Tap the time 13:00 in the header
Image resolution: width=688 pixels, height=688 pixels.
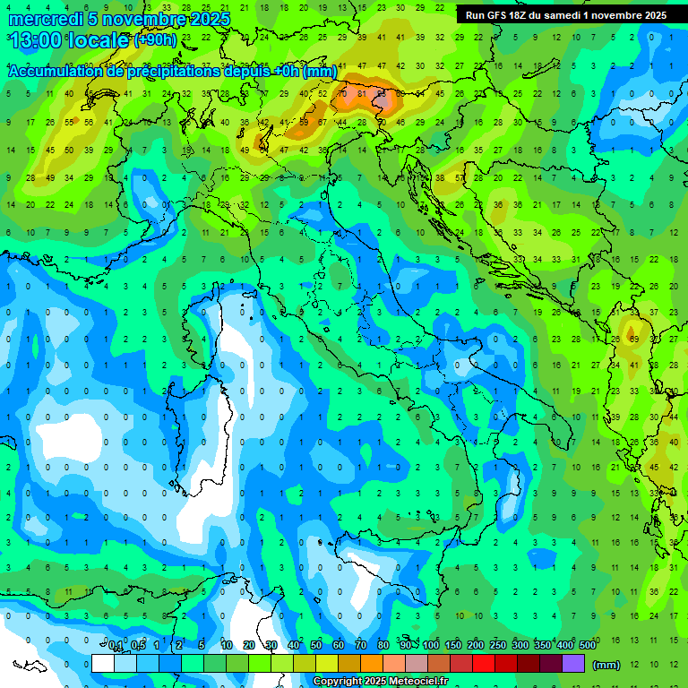[38, 40]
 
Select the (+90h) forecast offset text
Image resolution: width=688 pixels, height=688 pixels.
[155, 40]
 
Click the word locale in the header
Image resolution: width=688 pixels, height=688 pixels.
[100, 40]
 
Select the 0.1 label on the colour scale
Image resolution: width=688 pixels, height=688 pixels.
[116, 646]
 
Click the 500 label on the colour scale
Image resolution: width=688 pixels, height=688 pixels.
[588, 646]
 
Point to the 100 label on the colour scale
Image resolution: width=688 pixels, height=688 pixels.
[431, 646]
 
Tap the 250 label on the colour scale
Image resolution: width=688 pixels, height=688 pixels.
[498, 646]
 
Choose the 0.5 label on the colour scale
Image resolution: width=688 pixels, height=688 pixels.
[138, 646]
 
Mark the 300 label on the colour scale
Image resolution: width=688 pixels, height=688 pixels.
[520, 646]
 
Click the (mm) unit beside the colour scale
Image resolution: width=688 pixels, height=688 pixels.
[606, 665]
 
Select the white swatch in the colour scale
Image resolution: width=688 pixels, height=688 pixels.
[103, 664]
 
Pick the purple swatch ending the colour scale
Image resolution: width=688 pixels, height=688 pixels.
[573, 664]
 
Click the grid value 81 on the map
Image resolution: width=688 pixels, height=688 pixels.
[362, 93]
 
